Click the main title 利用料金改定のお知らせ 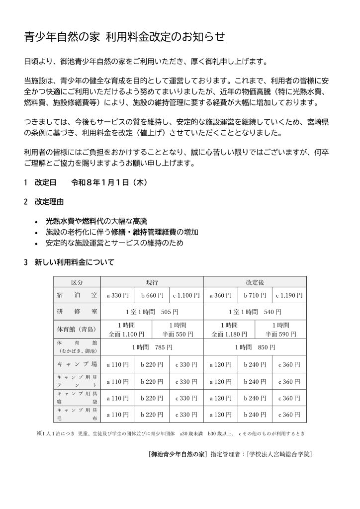pos(125,36)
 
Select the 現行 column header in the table pos(152,282)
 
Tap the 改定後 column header pos(255,282)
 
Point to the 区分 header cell pos(77,282)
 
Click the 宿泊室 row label pos(77,295)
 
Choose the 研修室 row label pos(77,312)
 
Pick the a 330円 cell pos(118,295)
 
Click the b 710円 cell pos(255,295)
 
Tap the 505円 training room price pos(152,312)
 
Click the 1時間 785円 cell pos(152,347)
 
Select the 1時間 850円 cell pos(255,347)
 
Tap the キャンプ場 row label pos(77,364)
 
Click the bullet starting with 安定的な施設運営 pos(114,243)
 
